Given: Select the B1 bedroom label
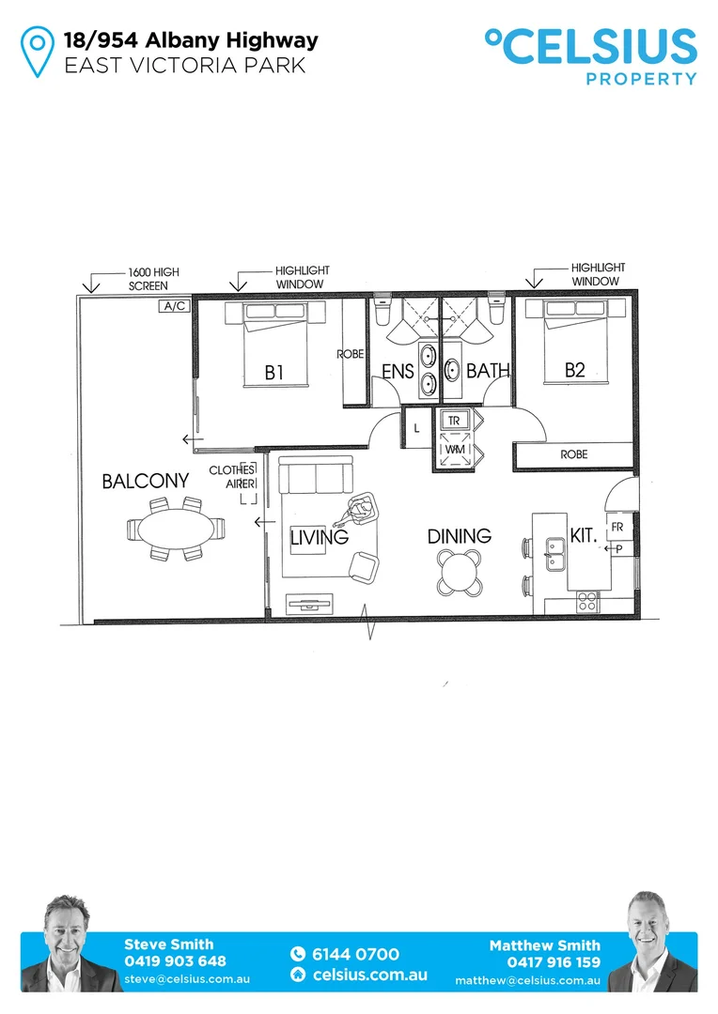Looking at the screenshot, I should click(273, 373).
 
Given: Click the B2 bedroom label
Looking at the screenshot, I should click(574, 370).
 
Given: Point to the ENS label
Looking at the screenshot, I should click(398, 372).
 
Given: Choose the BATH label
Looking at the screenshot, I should click(488, 371).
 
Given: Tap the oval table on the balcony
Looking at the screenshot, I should click(177, 529).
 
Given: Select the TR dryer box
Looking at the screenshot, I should click(454, 421).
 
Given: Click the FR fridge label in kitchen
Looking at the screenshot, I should click(617, 528).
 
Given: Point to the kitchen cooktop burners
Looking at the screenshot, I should click(587, 600).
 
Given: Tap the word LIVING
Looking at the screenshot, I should click(319, 538).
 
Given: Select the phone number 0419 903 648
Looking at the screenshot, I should click(175, 961).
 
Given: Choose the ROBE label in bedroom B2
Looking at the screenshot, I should click(573, 454).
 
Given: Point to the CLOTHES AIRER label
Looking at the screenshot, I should click(231, 476).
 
